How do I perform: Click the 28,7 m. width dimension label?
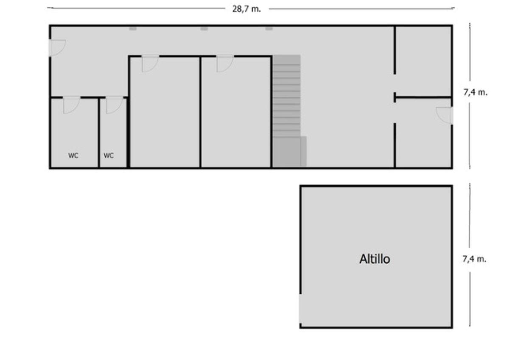tap(246, 9)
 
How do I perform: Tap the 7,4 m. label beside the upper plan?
tap(475, 92)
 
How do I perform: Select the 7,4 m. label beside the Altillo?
tap(475, 259)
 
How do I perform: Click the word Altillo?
tap(375, 259)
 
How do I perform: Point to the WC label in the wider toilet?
tap(73, 156)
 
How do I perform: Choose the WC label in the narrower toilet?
tap(109, 156)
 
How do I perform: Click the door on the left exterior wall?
tap(57, 47)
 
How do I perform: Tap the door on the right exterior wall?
tap(444, 116)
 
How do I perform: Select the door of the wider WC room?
tap(72, 105)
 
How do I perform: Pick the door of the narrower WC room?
tap(114, 105)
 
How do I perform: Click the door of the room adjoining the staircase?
tap(225, 63)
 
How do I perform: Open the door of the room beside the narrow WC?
tap(150, 63)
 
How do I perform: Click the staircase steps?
tap(287, 96)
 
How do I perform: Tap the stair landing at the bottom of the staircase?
tap(289, 152)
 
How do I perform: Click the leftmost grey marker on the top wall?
tap(133, 29)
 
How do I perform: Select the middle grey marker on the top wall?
tap(204, 29)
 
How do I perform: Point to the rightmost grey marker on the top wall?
tap(269, 29)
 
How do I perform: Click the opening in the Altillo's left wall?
tap(300, 309)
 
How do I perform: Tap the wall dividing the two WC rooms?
tap(99, 133)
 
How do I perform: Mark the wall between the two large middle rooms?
tap(200, 112)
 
